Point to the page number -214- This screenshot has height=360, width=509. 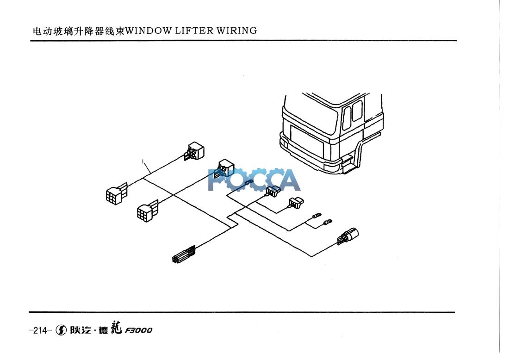pyautogui.click(x=39, y=330)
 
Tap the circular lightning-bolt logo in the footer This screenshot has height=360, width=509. pyautogui.click(x=61, y=330)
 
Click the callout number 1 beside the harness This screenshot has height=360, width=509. pyautogui.click(x=144, y=161)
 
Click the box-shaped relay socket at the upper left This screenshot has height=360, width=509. pyautogui.click(x=196, y=151)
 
